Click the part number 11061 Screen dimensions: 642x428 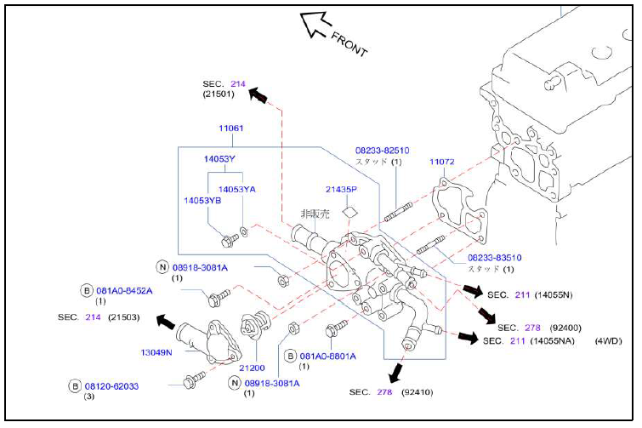[x=231, y=128]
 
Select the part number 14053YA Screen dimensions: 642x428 [x=236, y=189]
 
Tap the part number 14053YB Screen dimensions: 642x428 [x=202, y=200]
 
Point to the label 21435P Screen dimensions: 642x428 [x=341, y=189]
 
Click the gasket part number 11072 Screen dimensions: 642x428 [x=442, y=162]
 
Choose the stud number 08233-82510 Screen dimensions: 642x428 [x=382, y=151]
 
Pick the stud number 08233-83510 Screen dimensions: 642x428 [x=495, y=258]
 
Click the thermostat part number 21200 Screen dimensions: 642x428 [x=252, y=368]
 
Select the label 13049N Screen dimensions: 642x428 [x=156, y=352]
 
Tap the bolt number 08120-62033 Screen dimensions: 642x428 [x=111, y=386]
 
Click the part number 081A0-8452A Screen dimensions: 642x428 [x=124, y=291]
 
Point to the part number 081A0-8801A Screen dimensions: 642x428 [x=328, y=357]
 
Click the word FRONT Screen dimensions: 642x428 [x=349, y=44]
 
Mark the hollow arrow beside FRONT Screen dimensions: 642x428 [x=315, y=24]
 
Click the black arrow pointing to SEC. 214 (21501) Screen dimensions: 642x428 [x=258, y=95]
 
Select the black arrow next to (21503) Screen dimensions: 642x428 [x=166, y=322]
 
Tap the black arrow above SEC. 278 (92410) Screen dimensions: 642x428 [x=395, y=373]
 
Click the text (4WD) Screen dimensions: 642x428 [x=608, y=340]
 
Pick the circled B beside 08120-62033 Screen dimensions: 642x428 [x=75, y=386]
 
